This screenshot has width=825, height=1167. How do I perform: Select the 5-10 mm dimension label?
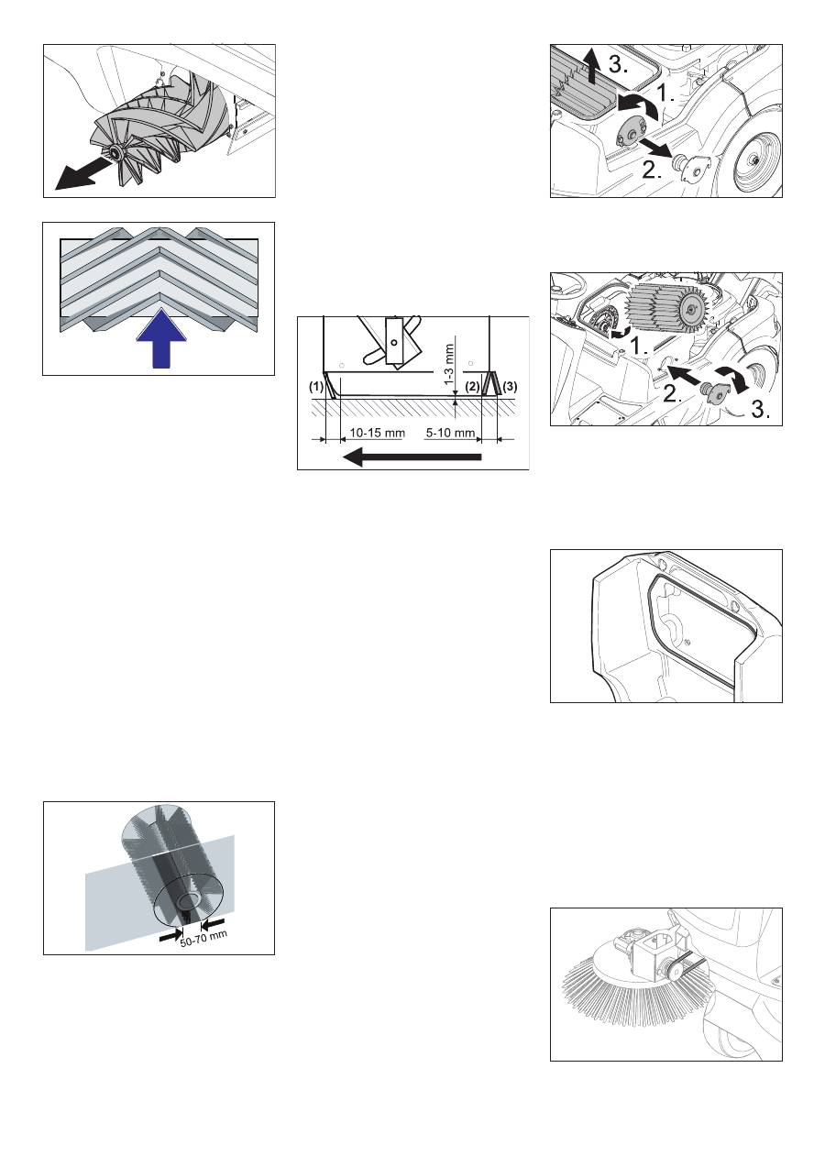click(x=450, y=433)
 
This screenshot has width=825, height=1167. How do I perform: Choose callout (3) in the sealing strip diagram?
click(x=511, y=387)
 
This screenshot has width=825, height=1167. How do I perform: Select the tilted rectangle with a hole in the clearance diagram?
click(x=394, y=341)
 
